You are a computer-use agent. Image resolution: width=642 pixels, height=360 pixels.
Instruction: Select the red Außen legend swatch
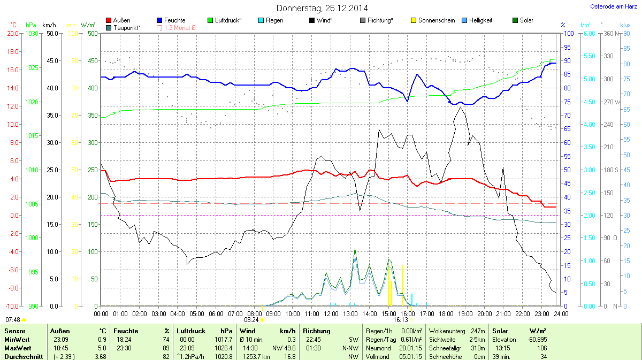(109, 20)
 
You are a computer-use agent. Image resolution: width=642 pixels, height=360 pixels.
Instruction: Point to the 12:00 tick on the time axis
(331, 313)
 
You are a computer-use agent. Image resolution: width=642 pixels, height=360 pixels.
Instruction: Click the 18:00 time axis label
(446, 313)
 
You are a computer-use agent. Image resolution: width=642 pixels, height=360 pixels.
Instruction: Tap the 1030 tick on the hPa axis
(32, 34)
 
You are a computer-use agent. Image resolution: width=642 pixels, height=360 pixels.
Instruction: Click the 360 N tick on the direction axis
(610, 34)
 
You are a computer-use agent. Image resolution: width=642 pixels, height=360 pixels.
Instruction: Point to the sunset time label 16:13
(401, 319)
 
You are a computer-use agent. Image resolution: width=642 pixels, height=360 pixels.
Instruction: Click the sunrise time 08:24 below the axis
(251, 319)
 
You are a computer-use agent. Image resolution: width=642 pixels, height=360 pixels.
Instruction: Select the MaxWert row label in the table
(16, 348)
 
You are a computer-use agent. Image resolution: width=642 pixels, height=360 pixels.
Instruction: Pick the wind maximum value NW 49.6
(282, 348)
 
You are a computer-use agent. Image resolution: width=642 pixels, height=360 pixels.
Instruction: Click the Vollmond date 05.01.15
(410, 356)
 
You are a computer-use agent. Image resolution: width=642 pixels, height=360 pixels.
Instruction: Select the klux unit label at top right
(625, 25)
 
